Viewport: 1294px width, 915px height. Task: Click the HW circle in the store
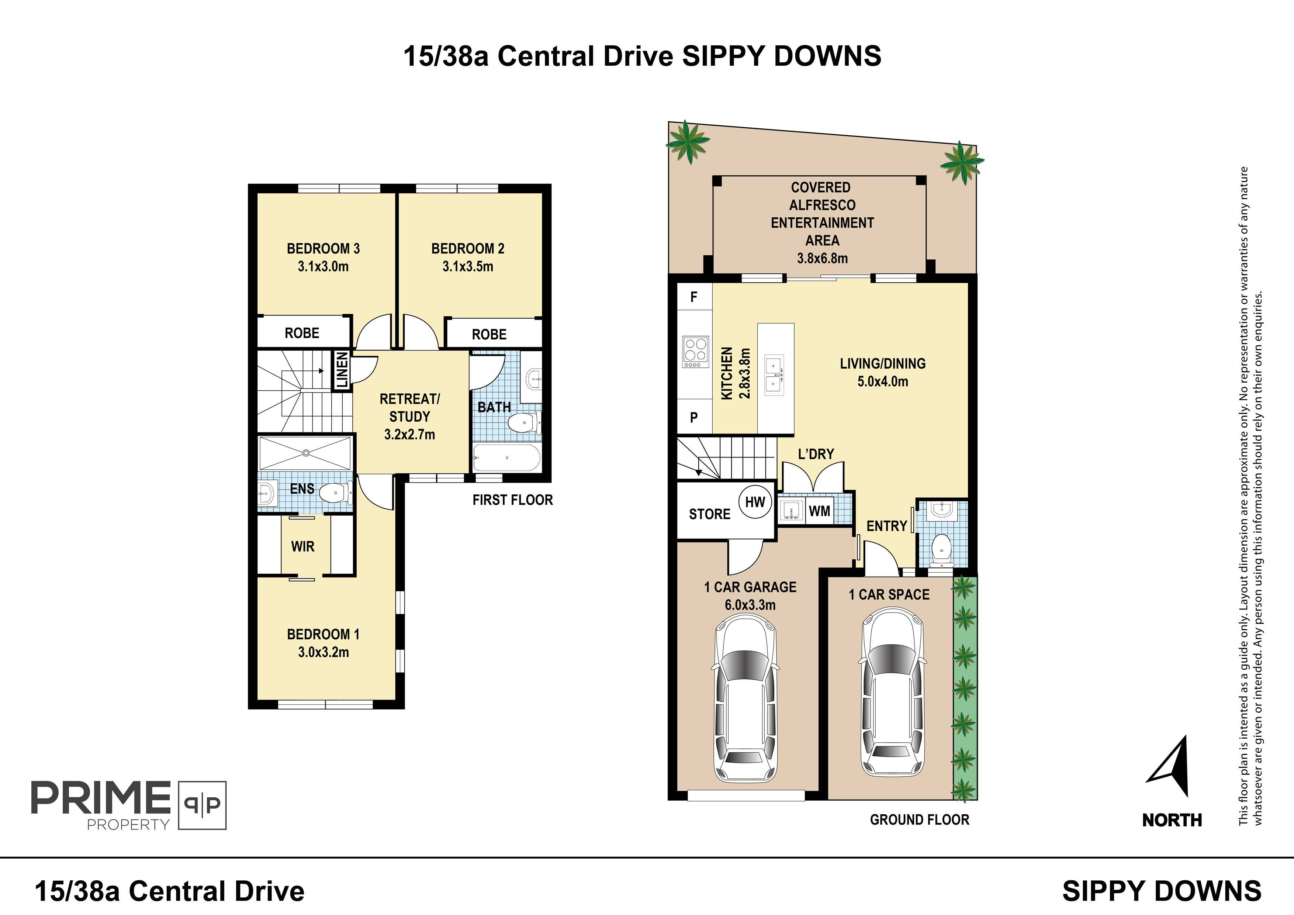tap(755, 502)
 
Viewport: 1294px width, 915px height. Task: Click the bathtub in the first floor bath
tap(507, 458)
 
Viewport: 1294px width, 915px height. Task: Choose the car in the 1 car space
tap(893, 691)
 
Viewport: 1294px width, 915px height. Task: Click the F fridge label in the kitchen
tap(694, 297)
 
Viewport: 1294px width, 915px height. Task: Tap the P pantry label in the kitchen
tap(694, 417)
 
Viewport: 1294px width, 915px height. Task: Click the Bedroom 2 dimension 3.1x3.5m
tap(468, 266)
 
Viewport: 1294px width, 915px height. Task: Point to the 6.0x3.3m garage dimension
tap(750, 605)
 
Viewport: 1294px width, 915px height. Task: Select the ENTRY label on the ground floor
tap(886, 526)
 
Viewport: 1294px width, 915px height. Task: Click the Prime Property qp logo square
tap(203, 805)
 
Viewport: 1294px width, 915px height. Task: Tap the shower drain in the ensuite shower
tap(306, 452)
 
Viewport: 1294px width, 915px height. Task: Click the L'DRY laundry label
tap(816, 454)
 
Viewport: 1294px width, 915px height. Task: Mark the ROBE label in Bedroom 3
tap(302, 333)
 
